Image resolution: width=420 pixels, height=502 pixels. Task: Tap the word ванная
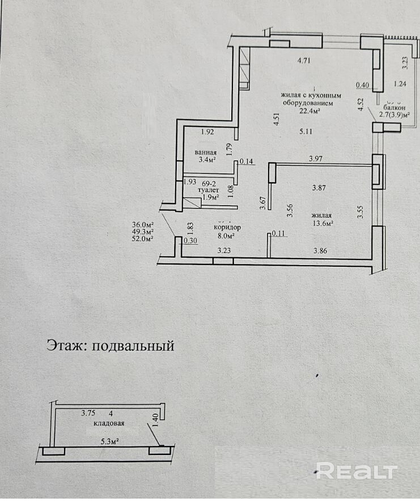(205, 152)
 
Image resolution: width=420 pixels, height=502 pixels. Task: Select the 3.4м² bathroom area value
(205, 160)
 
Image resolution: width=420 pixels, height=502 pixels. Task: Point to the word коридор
(227, 227)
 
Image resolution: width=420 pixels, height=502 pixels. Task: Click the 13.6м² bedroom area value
(321, 223)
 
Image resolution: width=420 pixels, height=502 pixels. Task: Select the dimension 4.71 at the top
(306, 60)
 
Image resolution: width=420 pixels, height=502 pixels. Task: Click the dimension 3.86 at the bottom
(322, 249)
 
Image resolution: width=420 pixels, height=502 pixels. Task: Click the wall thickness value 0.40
(362, 86)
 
